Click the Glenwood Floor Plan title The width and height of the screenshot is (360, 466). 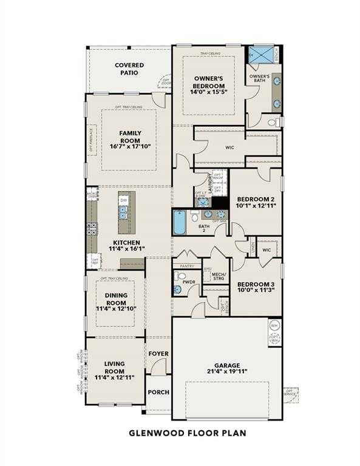click(x=180, y=433)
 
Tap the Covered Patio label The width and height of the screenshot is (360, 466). click(x=130, y=69)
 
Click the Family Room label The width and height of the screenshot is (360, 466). click(x=130, y=137)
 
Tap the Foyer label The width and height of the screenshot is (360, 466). click(x=158, y=353)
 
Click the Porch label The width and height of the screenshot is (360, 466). click(x=159, y=392)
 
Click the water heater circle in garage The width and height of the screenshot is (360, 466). click(x=274, y=325)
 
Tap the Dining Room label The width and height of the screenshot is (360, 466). click(x=115, y=301)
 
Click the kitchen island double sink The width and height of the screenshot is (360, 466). click(x=123, y=212)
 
